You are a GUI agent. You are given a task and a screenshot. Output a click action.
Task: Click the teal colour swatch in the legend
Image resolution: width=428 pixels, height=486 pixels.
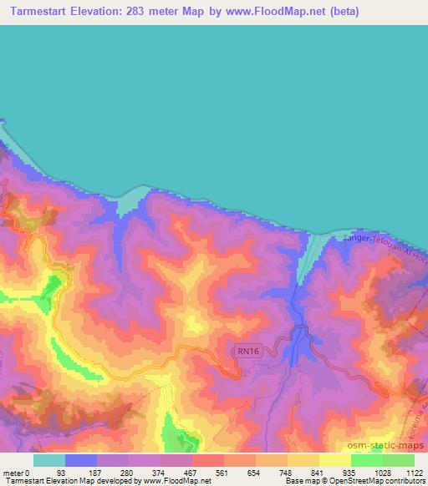(x=49, y=460)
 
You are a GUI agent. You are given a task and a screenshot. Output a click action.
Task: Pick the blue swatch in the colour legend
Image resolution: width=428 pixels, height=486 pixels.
(x=81, y=460)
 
